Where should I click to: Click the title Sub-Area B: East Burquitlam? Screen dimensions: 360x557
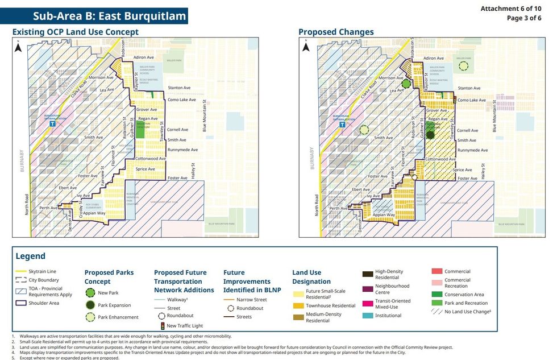(x=110, y=16)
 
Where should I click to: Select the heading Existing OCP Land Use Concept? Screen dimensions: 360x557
(x=76, y=32)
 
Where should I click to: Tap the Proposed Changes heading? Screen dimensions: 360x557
(x=336, y=32)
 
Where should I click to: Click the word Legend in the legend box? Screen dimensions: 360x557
(x=31, y=256)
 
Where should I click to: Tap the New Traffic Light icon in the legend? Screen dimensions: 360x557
(x=162, y=326)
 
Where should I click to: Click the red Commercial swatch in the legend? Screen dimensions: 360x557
(x=437, y=271)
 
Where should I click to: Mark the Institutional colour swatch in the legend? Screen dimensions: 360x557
(x=367, y=316)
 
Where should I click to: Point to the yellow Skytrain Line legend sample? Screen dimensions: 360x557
(x=21, y=271)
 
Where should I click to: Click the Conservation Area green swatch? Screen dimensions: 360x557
(x=437, y=294)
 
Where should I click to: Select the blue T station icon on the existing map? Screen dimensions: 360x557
(x=53, y=123)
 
